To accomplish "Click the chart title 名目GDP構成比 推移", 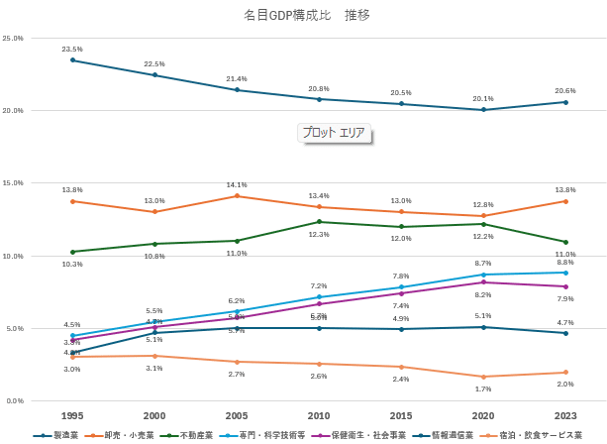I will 307,16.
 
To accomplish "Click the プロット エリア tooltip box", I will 334,133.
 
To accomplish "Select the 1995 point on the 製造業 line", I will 72,60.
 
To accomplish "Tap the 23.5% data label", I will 72,49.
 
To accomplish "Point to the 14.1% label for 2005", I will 237,184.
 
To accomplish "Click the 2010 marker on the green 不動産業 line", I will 319,222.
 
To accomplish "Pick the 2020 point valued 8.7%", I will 483,275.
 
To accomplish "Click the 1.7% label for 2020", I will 483,389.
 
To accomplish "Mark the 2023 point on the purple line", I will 565,286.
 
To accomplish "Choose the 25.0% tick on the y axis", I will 14,38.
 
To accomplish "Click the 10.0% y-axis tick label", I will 14,256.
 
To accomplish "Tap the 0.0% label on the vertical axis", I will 14,400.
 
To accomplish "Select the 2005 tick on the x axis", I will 237,416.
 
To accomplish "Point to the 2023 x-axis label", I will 565,416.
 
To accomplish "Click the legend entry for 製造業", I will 59,435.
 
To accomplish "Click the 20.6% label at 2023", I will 565,91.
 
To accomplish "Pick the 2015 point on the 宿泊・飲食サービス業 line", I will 401,367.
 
